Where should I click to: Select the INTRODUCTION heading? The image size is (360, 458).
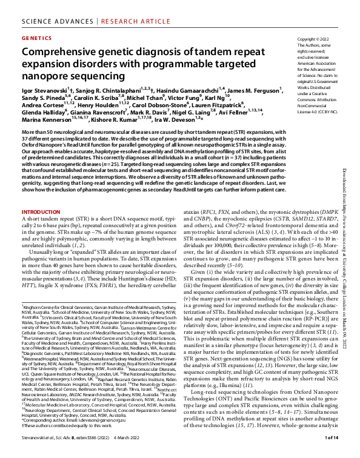tap(42, 212)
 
